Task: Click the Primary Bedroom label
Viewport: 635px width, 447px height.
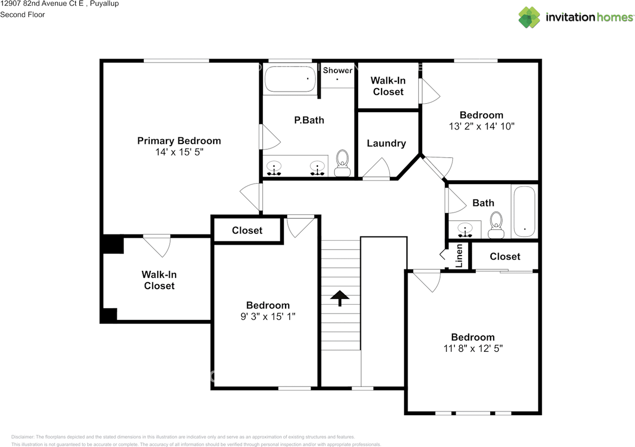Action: (179, 141)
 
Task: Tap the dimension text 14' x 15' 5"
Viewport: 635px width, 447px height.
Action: (179, 152)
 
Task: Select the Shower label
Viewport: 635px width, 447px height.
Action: (337, 70)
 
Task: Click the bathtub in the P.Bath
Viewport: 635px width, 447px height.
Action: (290, 79)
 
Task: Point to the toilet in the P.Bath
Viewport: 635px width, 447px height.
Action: (342, 163)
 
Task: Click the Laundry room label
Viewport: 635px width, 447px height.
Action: (386, 143)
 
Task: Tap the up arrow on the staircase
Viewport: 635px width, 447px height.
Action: (340, 298)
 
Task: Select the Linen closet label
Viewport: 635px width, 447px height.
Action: (459, 256)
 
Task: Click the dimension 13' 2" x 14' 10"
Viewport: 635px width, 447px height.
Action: (481, 127)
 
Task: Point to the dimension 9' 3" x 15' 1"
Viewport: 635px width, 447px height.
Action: (268, 317)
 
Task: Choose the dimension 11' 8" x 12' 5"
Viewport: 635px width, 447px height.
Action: (473, 348)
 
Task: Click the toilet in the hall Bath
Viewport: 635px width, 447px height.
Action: (496, 225)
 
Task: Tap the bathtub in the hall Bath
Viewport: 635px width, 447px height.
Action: (524, 211)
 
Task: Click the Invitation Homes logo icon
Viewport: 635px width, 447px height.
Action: (529, 17)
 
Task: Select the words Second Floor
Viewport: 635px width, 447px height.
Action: (22, 15)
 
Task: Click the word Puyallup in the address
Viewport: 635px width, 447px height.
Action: (104, 3)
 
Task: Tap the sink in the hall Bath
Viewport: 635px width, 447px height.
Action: (465, 229)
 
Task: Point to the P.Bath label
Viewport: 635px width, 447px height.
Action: (309, 120)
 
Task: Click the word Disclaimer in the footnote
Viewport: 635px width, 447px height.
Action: (23, 437)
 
